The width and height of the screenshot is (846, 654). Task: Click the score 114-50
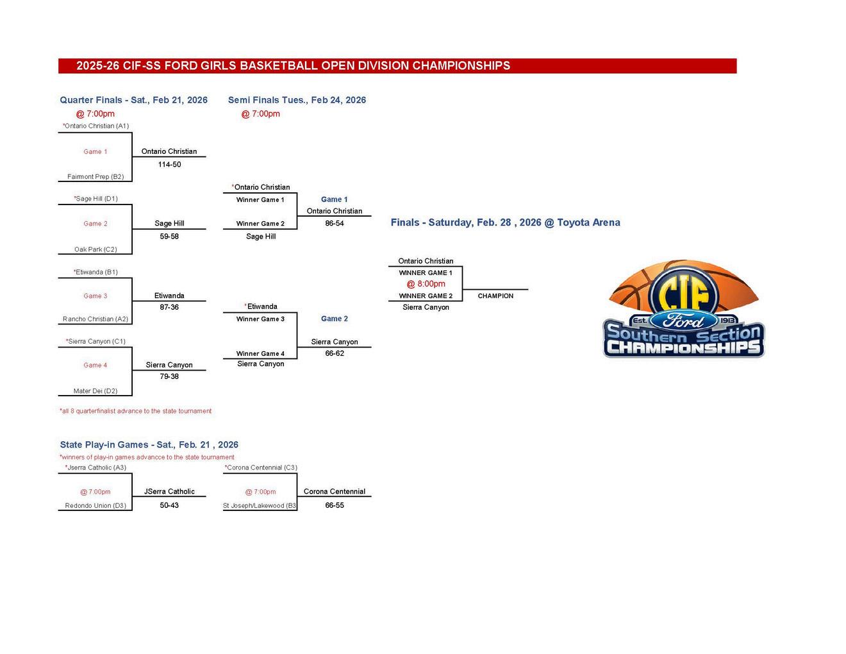169,165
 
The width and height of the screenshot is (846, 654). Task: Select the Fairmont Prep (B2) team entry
95,177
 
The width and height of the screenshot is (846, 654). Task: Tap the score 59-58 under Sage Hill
169,237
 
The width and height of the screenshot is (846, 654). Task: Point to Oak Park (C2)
95,249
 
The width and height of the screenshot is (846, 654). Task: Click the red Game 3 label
95,296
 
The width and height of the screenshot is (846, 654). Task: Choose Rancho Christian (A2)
95,319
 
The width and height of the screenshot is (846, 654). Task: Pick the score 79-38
169,376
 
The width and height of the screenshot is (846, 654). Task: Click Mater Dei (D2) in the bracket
95,391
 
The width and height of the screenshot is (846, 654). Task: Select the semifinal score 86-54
335,224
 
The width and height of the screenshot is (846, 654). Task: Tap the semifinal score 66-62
335,353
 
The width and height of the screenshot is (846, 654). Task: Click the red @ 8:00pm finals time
426,284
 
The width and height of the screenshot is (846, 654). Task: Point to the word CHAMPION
495,296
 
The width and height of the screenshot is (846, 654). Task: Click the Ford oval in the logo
684,321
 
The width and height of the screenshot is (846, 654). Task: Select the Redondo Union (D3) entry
95,506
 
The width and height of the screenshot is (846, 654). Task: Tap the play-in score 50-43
169,505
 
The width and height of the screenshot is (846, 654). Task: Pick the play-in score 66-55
335,505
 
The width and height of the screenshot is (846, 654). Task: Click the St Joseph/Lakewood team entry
260,506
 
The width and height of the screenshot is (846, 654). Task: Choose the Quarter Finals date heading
133,100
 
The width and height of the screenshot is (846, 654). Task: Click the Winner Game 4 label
260,354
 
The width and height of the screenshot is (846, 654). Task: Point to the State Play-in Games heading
149,445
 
